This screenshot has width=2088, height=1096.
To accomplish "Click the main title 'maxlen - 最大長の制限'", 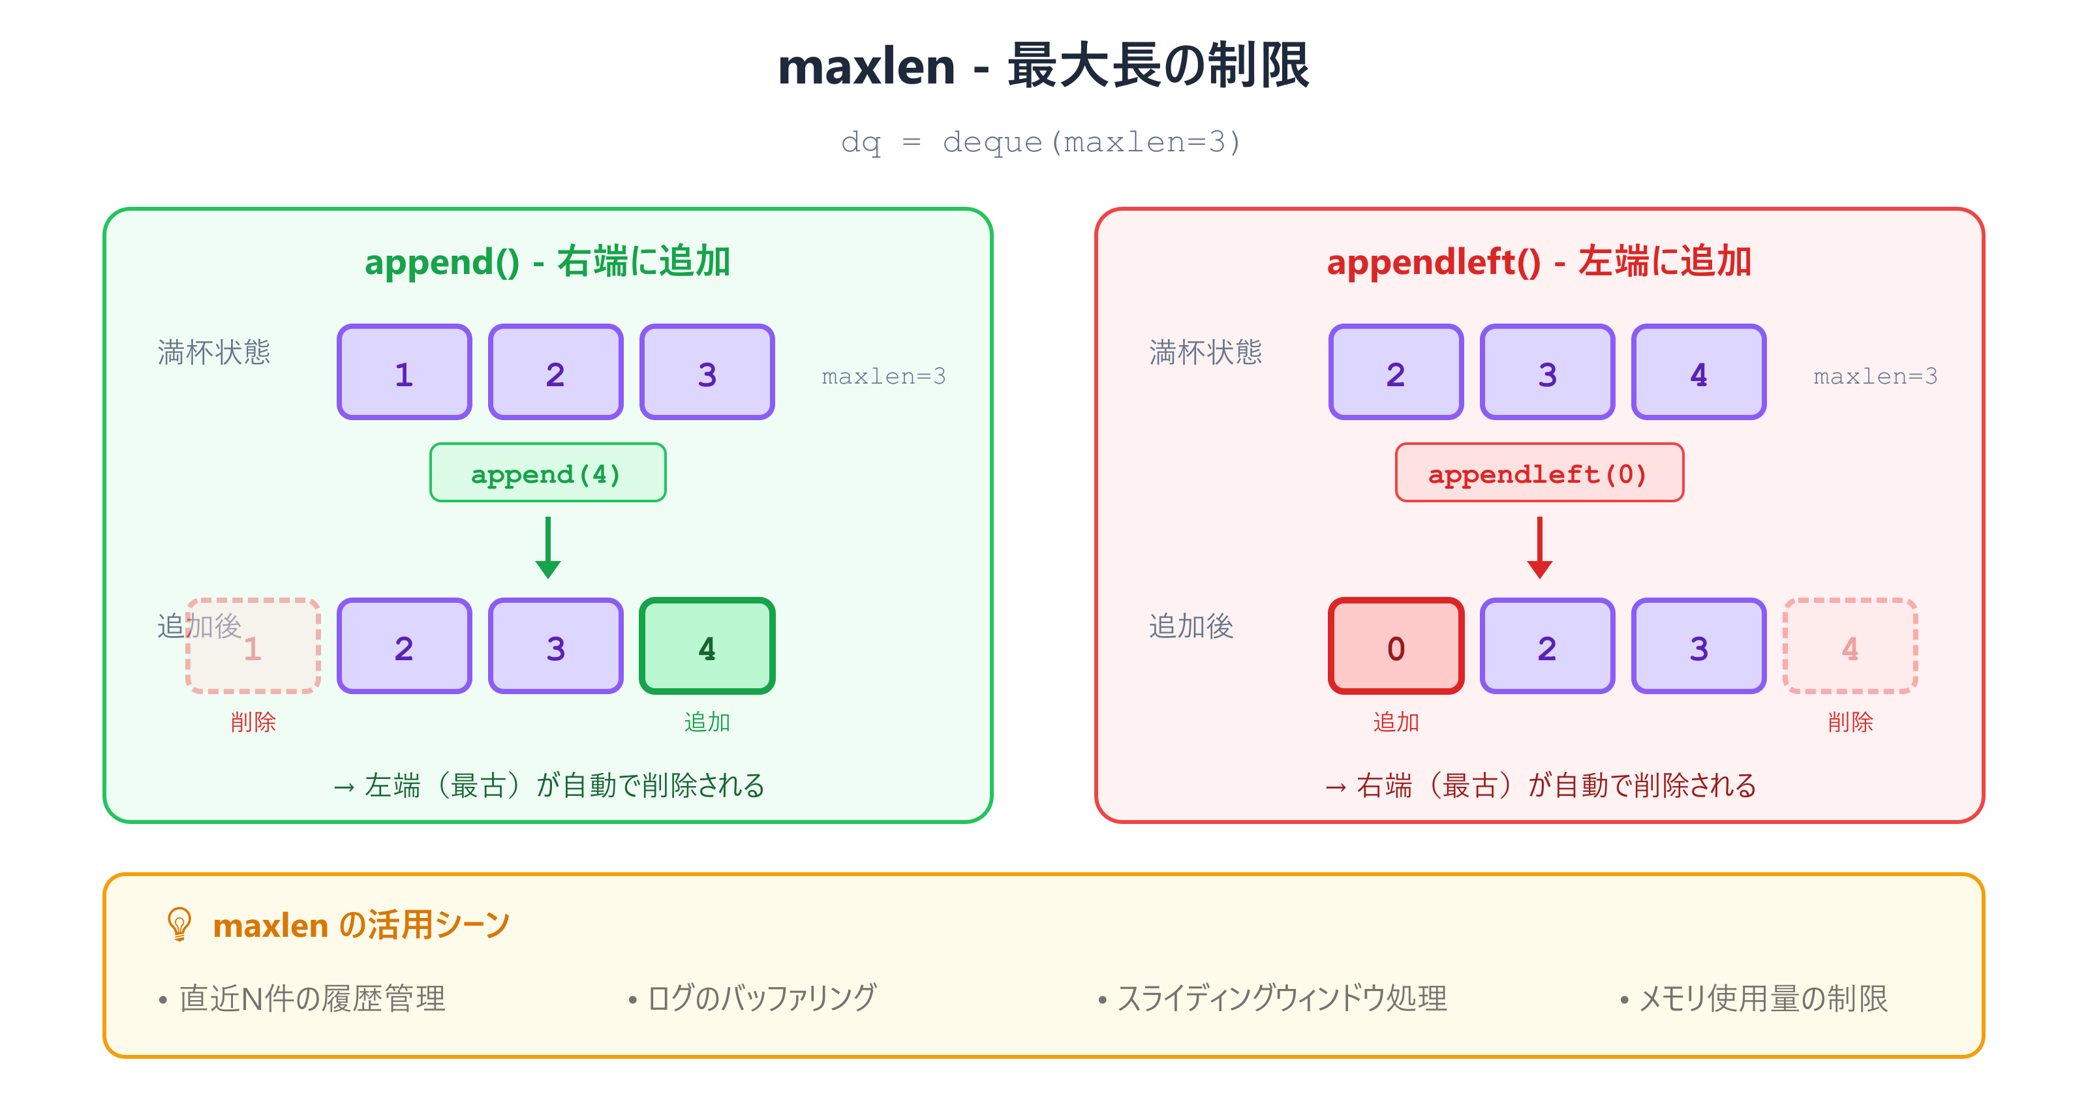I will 1043,67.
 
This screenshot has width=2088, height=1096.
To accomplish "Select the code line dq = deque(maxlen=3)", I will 1041,143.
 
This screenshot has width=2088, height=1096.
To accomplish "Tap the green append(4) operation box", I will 547,474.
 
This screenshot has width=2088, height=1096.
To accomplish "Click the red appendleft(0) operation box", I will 1539,474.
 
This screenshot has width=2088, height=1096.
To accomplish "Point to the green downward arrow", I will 548,547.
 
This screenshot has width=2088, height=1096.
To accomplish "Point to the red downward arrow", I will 1539,547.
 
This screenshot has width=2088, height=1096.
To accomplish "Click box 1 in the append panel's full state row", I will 404,373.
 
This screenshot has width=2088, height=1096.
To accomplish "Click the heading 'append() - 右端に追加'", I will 547,262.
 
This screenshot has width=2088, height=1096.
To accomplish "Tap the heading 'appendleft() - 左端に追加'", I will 1539,262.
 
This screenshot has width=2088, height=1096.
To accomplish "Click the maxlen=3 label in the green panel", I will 883,376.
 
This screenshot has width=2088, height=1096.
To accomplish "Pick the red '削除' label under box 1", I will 253,722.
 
